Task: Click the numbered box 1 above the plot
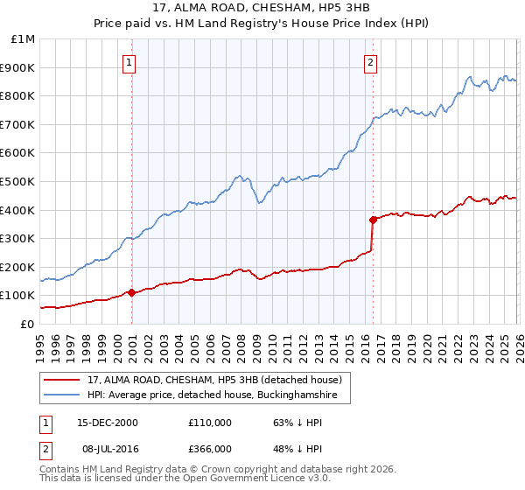pos(129,62)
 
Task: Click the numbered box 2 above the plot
pos(371,62)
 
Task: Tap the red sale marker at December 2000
pos(132,292)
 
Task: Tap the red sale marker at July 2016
pos(373,219)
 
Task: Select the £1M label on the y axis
pos(21,39)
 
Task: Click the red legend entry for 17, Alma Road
pos(218,379)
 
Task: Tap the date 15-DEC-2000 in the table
pos(102,423)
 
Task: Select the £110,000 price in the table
pos(210,423)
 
